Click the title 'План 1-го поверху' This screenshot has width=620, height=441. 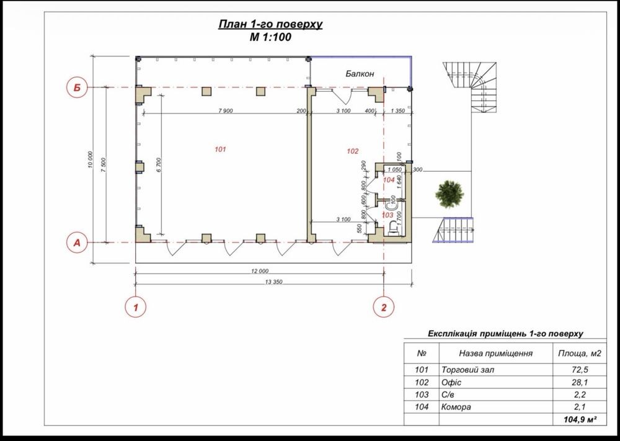coord(270,24)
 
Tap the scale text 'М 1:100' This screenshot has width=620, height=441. coord(270,37)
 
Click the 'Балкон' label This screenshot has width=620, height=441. coord(360,74)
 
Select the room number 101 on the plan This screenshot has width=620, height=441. coord(220,149)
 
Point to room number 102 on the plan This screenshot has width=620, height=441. coord(352,151)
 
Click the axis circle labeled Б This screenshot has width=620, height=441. coord(77,87)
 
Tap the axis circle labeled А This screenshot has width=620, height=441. coord(77,243)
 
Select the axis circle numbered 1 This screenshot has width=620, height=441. coord(136,307)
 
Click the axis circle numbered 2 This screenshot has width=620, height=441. coord(384,307)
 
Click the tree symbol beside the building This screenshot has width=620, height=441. coord(449,194)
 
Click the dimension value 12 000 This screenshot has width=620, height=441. coord(260,271)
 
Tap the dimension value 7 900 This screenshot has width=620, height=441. coord(226,111)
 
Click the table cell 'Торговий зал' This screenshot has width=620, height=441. coord(467,370)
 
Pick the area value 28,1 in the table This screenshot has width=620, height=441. coord(580,383)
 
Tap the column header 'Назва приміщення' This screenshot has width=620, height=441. coord(496,353)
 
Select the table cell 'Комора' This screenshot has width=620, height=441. coord(456,407)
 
